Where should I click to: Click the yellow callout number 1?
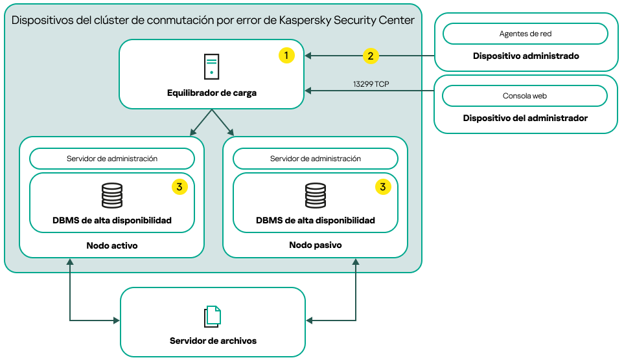point(286,56)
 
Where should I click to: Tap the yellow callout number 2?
point(370,56)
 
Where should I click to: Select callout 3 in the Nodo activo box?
point(179,187)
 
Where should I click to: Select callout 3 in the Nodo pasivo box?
point(383,187)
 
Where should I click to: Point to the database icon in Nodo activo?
point(112,196)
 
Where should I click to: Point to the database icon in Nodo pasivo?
point(316,196)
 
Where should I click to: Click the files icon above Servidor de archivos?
point(213,316)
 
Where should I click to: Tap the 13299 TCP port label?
point(371,84)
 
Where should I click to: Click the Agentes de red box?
point(525,34)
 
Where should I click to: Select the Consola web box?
point(525,96)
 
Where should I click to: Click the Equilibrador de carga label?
point(211,93)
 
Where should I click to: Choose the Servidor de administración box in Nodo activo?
point(112,159)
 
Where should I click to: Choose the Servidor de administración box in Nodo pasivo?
point(316,159)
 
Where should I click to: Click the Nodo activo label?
point(112,246)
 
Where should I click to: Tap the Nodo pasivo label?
point(316,246)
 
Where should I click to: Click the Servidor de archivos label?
point(213,341)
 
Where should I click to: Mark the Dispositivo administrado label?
point(526,56)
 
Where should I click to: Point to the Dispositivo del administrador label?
point(526,118)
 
